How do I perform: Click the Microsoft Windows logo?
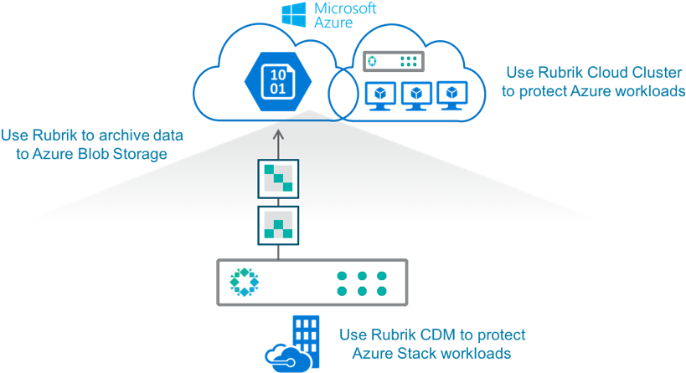[x=293, y=15]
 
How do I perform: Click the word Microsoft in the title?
[x=344, y=8]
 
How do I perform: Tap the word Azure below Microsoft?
[x=333, y=23]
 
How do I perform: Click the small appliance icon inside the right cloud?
[x=393, y=61]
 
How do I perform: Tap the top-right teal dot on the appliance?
[x=382, y=275]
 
